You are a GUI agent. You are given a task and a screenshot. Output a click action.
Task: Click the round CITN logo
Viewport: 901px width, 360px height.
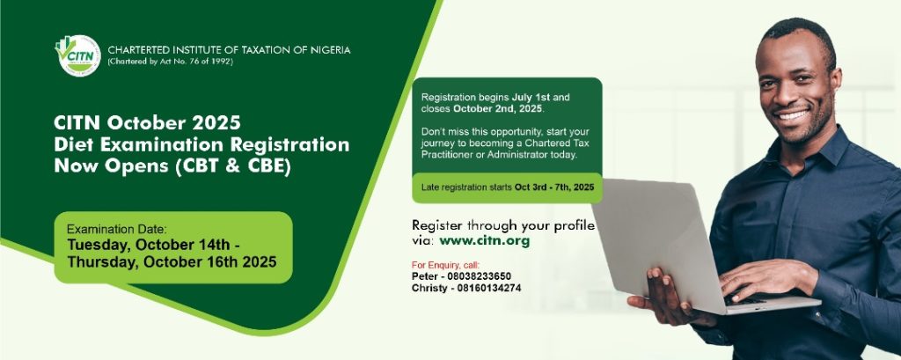pyautogui.click(x=78, y=55)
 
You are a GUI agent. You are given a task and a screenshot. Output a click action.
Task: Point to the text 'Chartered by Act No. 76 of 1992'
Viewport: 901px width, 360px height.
pyautogui.click(x=170, y=62)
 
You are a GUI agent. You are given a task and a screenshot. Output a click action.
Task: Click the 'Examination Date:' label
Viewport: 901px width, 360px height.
pyautogui.click(x=117, y=228)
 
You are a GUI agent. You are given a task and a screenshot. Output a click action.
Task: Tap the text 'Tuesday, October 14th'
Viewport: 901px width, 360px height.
pyautogui.click(x=148, y=245)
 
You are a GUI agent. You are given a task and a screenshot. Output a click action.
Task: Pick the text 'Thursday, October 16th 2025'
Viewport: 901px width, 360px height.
pyautogui.click(x=172, y=262)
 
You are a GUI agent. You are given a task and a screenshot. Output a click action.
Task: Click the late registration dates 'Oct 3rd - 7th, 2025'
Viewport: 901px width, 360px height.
pyautogui.click(x=554, y=187)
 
